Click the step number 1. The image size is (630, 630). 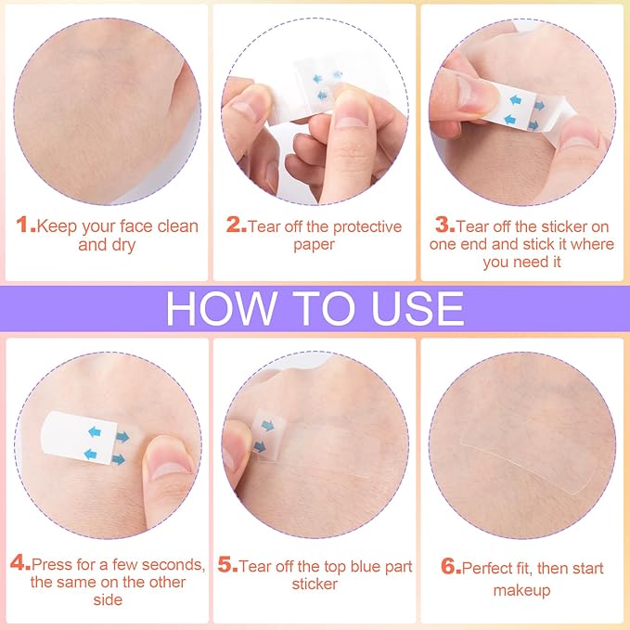(x=26, y=226)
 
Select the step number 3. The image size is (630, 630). (x=445, y=226)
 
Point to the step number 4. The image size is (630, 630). (x=19, y=564)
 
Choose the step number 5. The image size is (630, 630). (x=227, y=566)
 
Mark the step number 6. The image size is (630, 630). (x=450, y=569)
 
